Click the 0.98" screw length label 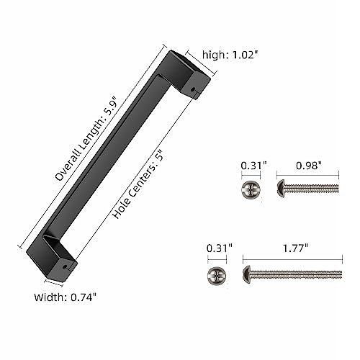click(307, 165)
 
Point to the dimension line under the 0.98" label click(307, 176)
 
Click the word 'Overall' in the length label click(68, 168)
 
